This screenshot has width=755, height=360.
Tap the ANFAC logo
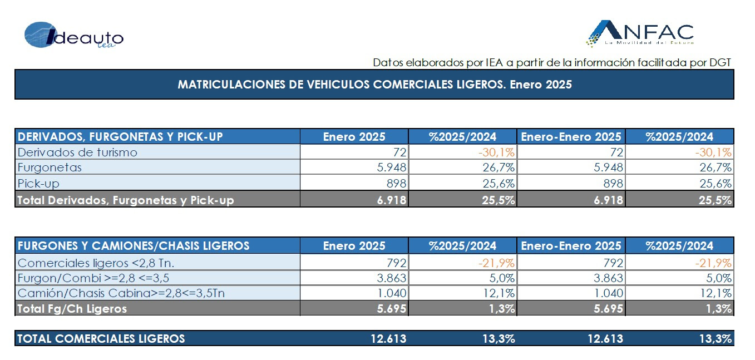coord(640,33)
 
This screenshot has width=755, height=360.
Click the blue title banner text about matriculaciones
coord(374,85)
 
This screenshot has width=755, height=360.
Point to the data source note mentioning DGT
coord(551,62)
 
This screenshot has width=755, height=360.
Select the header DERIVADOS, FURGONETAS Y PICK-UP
coord(121,136)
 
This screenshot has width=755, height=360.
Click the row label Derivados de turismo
coord(77,152)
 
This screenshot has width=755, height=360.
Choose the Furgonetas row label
coord(50,167)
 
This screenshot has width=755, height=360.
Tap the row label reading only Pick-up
coord(39,183)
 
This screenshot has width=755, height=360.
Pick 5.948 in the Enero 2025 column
coord(389,167)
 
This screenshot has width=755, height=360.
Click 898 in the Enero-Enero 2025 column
coord(610,183)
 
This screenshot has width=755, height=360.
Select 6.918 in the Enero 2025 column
coord(389,199)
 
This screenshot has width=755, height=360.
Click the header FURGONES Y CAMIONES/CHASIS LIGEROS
coord(134,245)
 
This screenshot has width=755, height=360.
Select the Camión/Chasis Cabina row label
coord(121,293)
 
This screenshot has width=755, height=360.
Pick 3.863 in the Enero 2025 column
coord(389,278)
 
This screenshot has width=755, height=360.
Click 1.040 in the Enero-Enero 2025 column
coord(606,293)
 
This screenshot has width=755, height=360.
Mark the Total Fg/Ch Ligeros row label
coord(72,308)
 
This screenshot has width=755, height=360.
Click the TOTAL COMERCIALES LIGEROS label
coord(101,338)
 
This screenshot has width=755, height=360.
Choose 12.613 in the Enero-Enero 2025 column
coord(603,338)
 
